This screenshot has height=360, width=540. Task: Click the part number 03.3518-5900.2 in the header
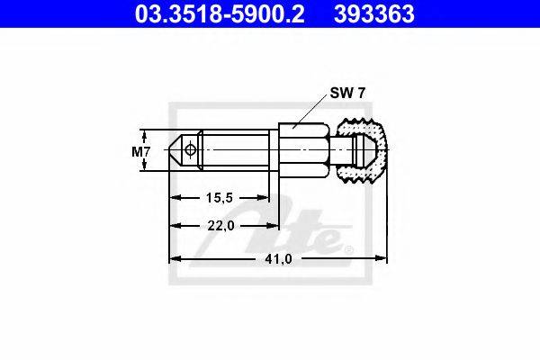[x=220, y=13]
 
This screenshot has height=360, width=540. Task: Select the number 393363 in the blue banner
[x=374, y=13]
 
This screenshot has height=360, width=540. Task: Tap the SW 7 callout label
[x=347, y=93]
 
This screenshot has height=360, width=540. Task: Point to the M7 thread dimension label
[x=140, y=151]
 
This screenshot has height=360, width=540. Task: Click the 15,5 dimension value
[x=220, y=198]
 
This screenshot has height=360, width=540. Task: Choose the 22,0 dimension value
[x=220, y=226]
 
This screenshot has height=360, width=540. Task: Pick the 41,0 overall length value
[x=278, y=258]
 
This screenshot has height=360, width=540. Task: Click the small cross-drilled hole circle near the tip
[x=190, y=150]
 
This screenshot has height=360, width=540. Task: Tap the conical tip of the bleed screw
[x=176, y=150]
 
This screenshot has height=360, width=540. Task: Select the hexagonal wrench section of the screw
[x=304, y=150]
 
